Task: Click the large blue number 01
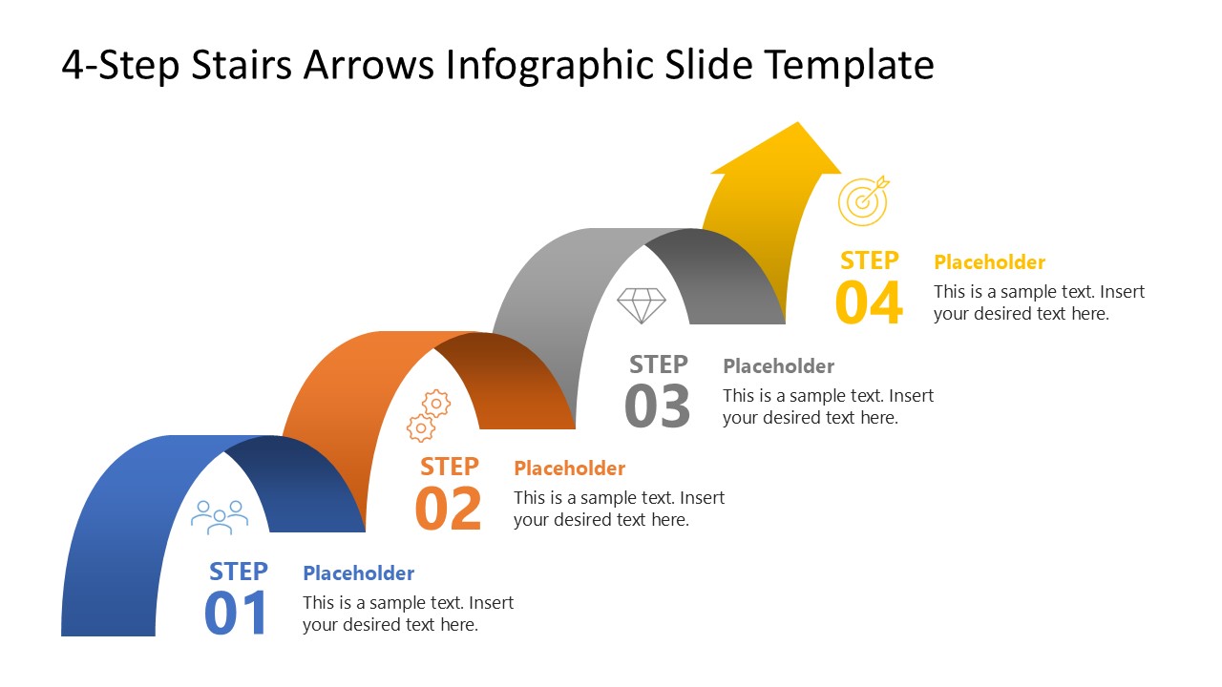[237, 614]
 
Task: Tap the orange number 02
[449, 510]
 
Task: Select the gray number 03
[658, 406]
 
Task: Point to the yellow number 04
[869, 303]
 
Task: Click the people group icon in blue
[220, 516]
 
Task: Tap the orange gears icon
[429, 415]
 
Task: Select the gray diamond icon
[641, 306]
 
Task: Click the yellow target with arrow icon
[863, 199]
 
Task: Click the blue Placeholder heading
[358, 573]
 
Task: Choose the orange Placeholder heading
[569, 468]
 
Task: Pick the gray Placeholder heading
[778, 366]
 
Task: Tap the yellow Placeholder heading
[989, 262]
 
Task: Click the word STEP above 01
[239, 572]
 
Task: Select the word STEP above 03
[659, 364]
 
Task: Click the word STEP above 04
[870, 260]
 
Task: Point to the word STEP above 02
[450, 467]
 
